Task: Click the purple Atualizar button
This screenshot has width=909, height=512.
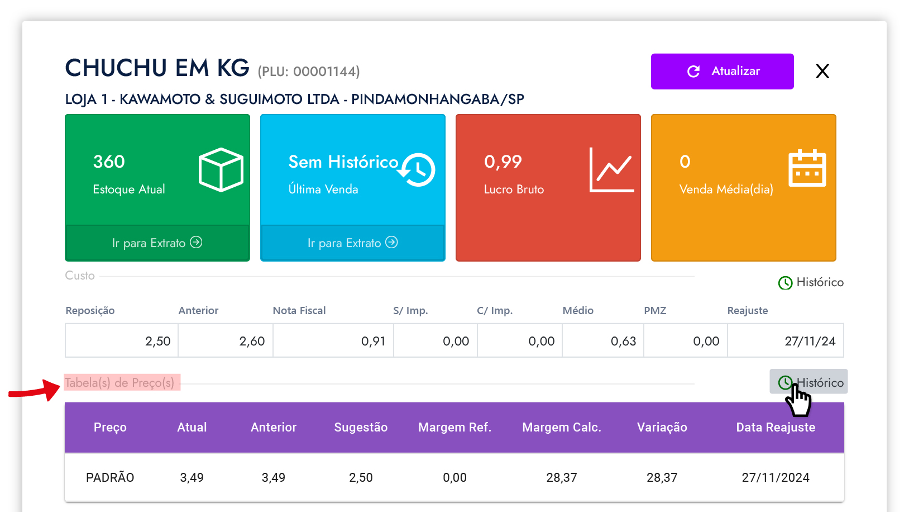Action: (722, 72)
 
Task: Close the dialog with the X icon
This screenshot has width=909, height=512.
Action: (822, 71)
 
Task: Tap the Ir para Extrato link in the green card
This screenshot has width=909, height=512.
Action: (157, 243)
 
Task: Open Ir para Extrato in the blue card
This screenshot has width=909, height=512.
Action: (352, 243)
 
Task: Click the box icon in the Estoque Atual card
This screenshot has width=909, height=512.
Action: (221, 169)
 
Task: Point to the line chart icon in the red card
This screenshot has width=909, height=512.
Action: (612, 170)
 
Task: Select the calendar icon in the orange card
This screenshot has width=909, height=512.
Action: (807, 168)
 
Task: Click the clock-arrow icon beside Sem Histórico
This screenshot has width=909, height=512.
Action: (417, 169)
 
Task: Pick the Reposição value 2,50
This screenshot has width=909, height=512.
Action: (157, 342)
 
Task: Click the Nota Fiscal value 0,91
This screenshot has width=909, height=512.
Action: (373, 342)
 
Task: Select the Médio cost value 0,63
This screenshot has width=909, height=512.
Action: (623, 342)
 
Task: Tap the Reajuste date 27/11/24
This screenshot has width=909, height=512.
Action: (810, 342)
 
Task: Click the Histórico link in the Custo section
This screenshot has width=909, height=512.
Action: (811, 282)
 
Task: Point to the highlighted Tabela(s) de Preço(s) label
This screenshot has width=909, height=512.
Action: (120, 383)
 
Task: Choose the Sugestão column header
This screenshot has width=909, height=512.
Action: (361, 428)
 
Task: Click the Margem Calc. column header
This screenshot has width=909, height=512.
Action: (561, 428)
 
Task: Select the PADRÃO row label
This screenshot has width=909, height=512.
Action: (110, 478)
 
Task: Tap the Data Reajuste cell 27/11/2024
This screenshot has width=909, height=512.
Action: (775, 478)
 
